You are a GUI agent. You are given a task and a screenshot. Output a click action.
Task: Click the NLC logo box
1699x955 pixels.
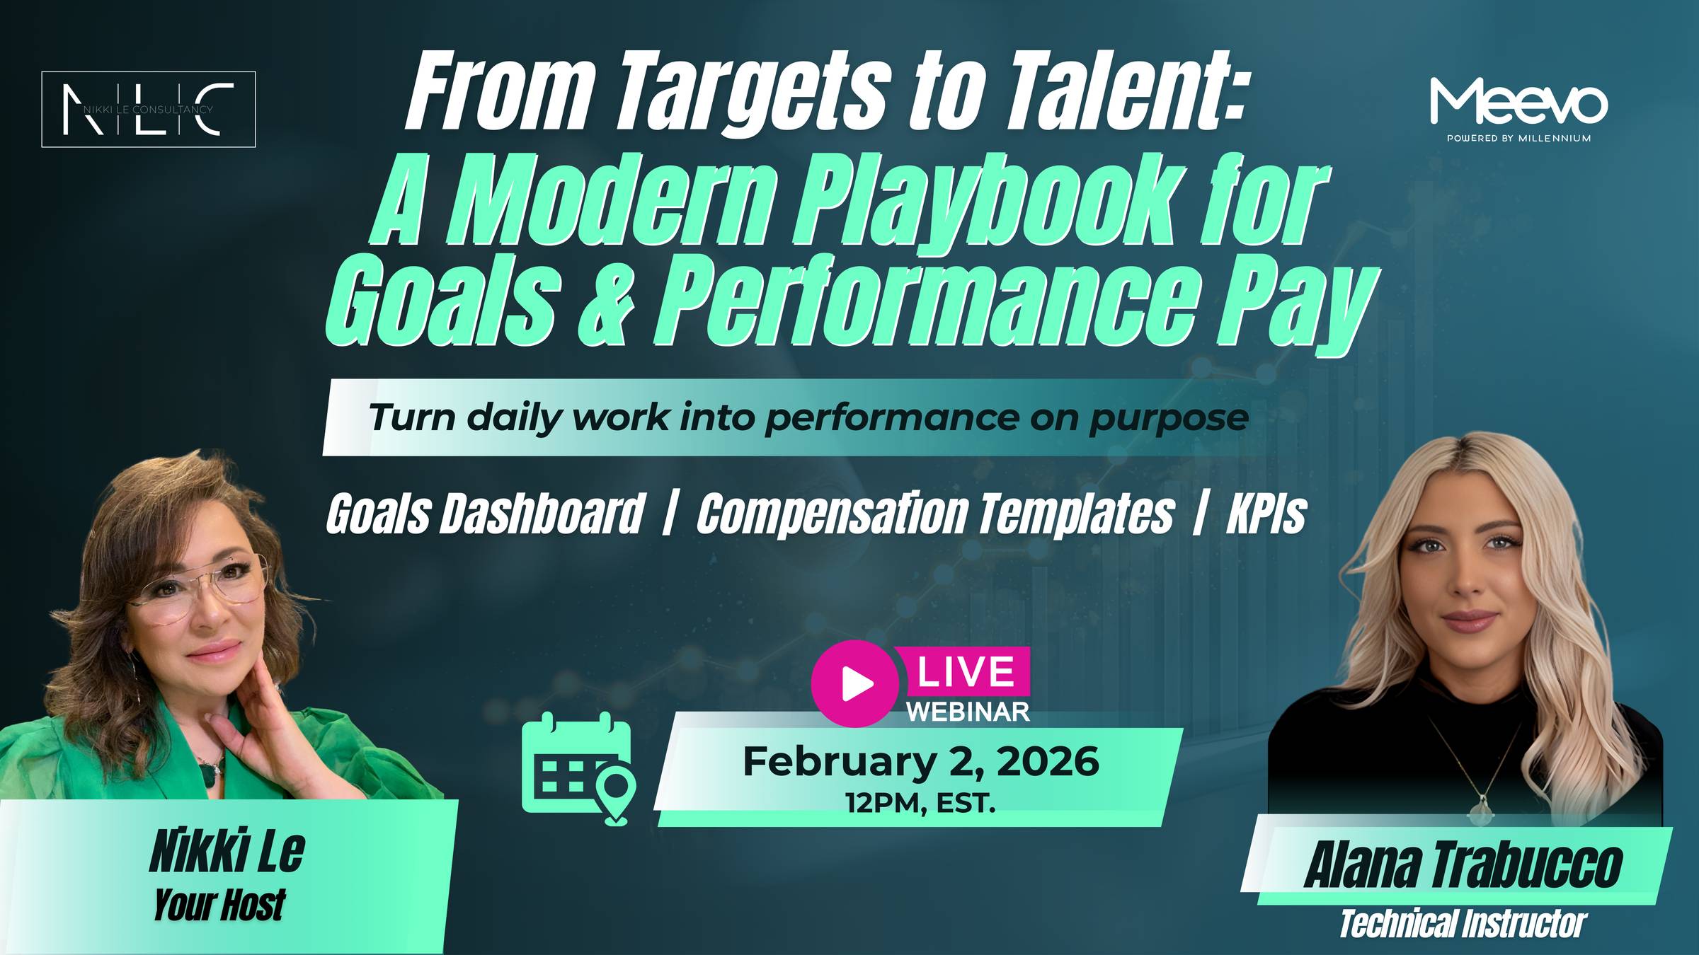pyautogui.click(x=148, y=110)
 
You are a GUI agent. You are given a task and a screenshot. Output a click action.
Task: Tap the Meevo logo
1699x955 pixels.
pyautogui.click(x=1518, y=106)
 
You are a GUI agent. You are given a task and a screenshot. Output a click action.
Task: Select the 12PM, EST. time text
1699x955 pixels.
pyautogui.click(x=920, y=804)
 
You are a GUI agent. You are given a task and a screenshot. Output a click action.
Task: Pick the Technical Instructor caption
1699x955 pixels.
pyautogui.click(x=1462, y=924)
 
